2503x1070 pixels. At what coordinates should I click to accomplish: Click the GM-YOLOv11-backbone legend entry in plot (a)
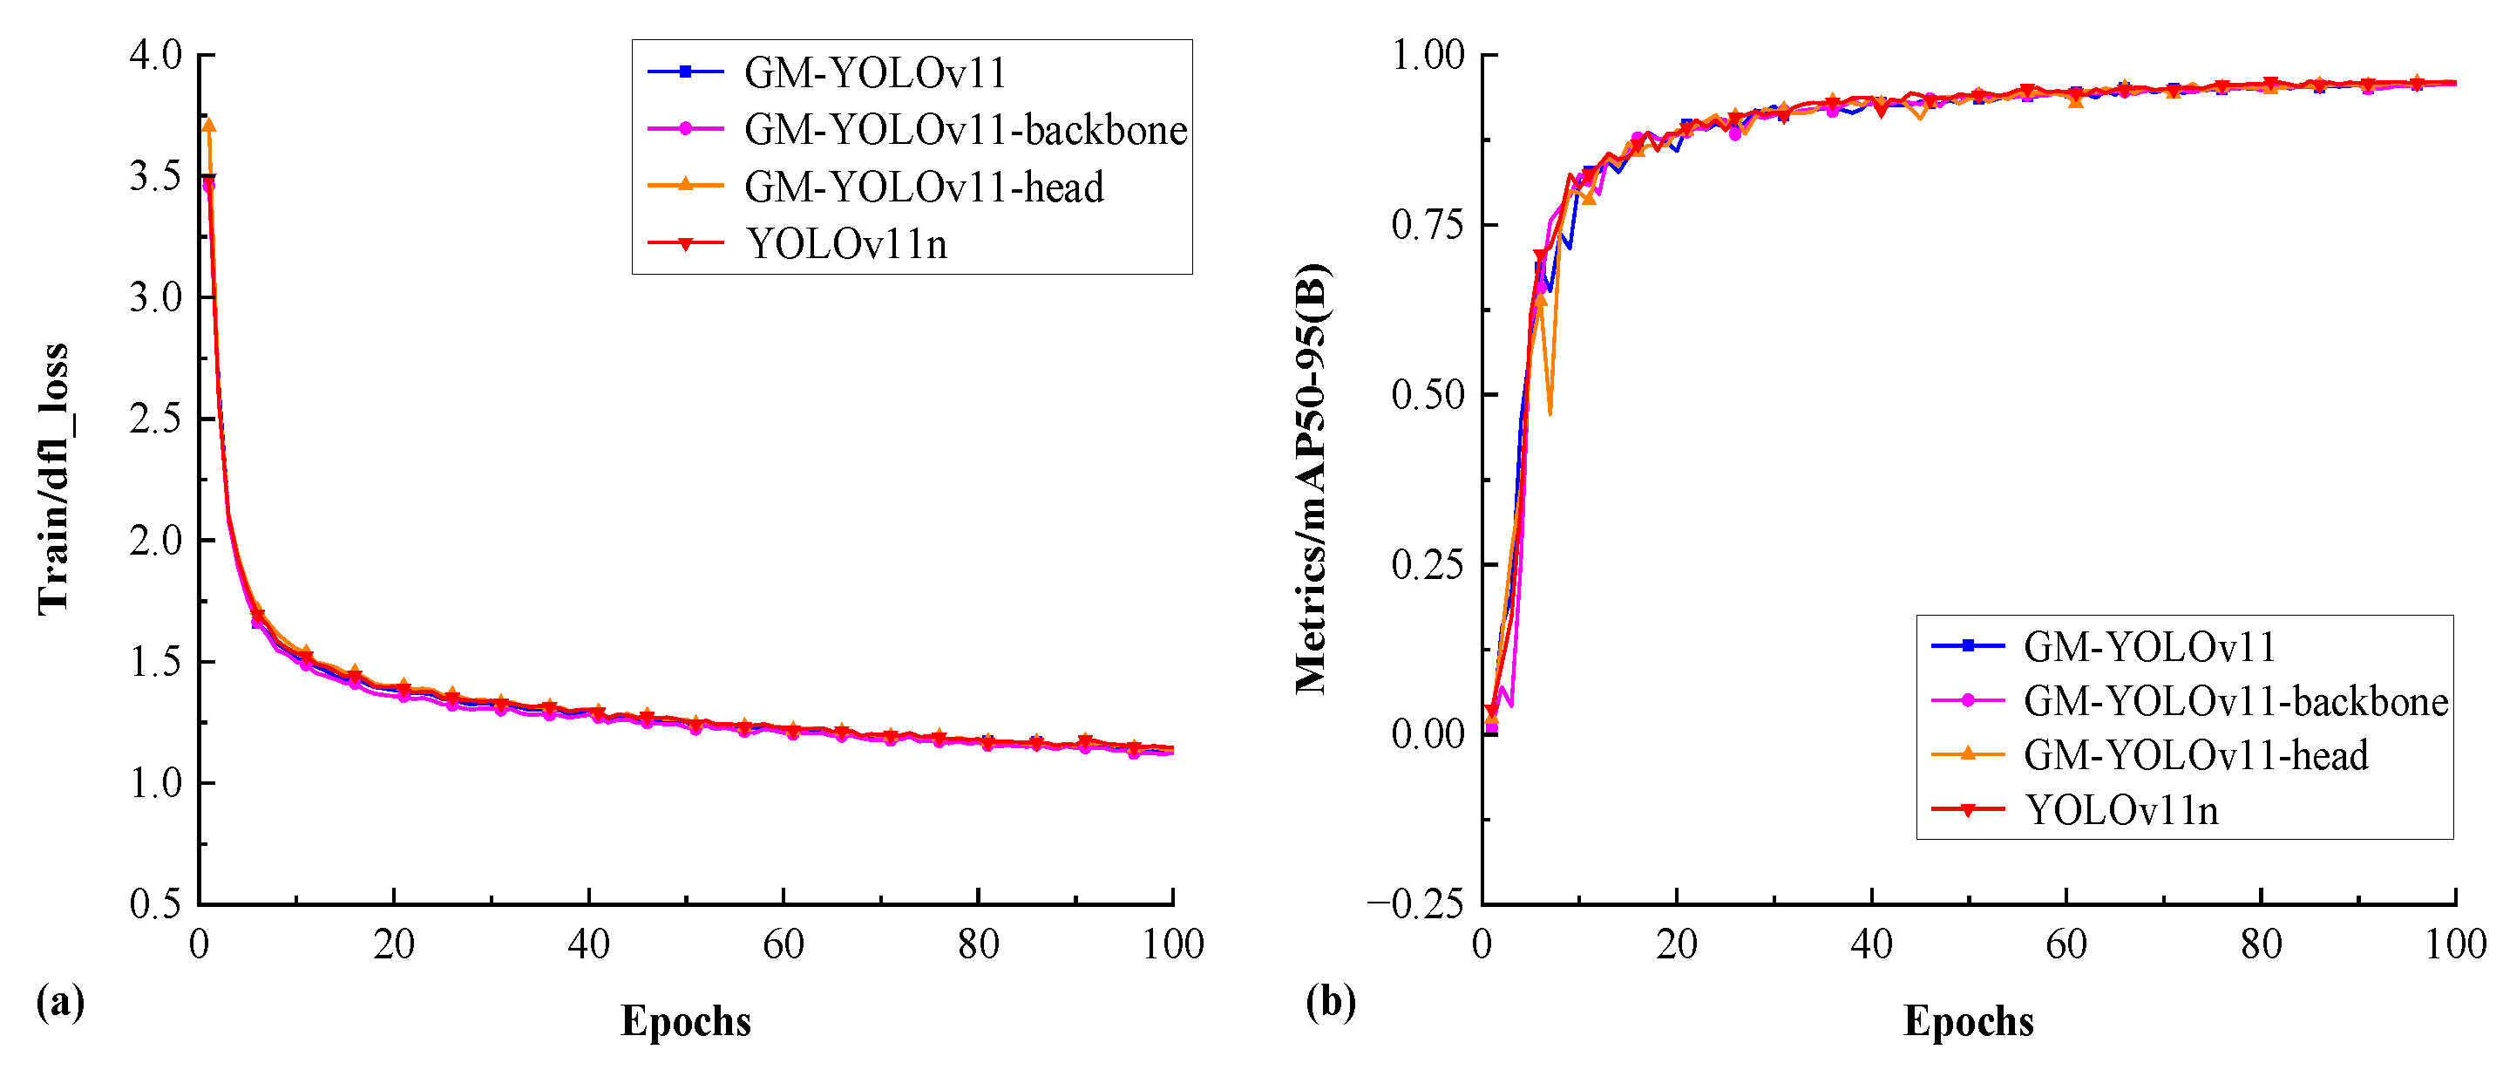tap(965, 130)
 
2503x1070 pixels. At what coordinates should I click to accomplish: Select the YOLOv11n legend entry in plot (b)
tap(2121, 810)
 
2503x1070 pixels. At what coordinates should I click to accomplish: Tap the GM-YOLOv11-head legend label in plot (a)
tap(923, 187)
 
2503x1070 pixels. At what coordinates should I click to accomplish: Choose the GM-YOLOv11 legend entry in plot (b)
tap(2148, 647)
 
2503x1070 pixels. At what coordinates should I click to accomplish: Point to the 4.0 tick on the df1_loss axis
tap(157, 54)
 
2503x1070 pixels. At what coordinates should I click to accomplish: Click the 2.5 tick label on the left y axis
tap(157, 419)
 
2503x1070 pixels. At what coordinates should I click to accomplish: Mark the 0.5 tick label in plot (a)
tap(157, 903)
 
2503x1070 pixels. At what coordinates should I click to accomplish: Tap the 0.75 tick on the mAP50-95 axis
tap(1428, 224)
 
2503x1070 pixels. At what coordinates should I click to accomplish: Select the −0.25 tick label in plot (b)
tap(1415, 903)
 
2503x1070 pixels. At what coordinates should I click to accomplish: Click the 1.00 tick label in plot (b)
tap(1428, 54)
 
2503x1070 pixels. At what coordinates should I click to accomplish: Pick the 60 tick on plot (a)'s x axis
tap(783, 944)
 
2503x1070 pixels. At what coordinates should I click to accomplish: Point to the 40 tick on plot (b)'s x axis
tap(1871, 944)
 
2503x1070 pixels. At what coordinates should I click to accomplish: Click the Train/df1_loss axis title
tap(52, 478)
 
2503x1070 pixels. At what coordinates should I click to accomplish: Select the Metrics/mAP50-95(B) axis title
tap(1313, 478)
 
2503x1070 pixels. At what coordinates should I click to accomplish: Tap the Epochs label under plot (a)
tap(686, 1021)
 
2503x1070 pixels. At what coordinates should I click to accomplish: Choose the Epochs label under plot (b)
tap(1969, 1021)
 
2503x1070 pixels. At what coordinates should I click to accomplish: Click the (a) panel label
tap(60, 1001)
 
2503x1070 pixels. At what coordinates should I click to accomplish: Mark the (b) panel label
tap(1330, 1001)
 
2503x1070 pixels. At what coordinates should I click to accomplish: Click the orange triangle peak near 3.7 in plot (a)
tap(208, 126)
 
